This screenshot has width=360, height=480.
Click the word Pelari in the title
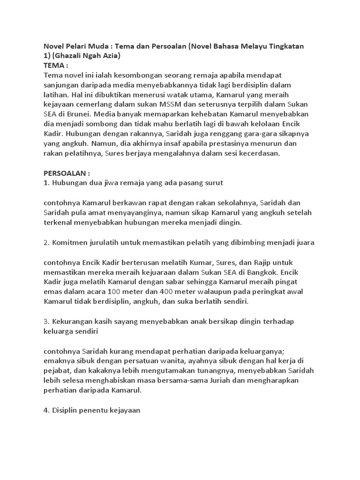click(81, 46)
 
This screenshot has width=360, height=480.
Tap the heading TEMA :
click(56, 65)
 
